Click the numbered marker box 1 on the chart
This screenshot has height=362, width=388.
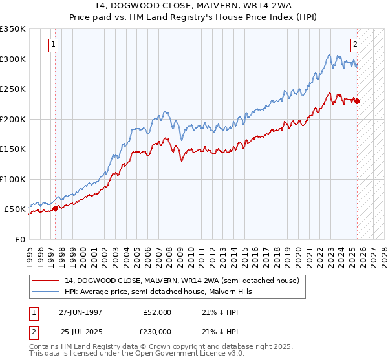click(x=52, y=45)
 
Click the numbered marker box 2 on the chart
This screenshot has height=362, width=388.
click(x=355, y=45)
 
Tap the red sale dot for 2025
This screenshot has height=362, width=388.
click(x=358, y=101)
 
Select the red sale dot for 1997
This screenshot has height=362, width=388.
click(x=56, y=208)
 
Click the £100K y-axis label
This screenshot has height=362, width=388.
click(x=13, y=179)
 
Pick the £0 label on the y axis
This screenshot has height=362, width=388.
click(x=19, y=239)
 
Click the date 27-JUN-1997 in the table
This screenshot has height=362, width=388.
click(x=80, y=312)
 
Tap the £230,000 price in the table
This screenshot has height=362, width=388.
click(x=156, y=331)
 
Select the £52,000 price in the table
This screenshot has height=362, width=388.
click(x=156, y=312)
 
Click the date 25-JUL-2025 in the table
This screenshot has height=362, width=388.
click(x=80, y=331)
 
